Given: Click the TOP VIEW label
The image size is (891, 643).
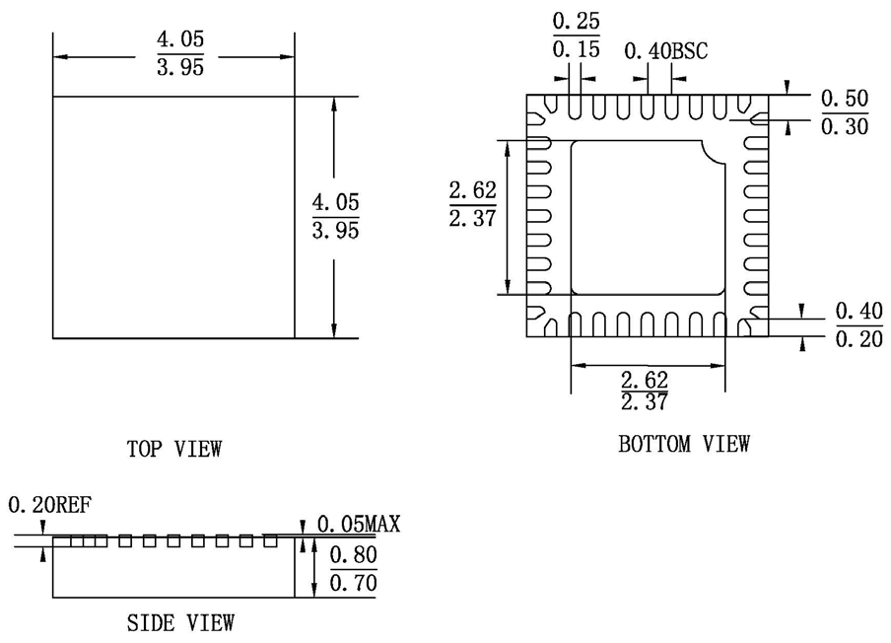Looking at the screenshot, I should (174, 449).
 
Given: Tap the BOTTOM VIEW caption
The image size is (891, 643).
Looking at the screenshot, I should (683, 444).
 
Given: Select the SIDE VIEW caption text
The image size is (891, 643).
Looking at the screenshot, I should (180, 622).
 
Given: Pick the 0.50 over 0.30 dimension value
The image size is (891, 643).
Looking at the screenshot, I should (844, 111).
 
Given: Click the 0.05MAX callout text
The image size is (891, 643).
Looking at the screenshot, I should (359, 524).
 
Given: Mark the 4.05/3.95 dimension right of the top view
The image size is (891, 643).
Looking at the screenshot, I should (335, 216).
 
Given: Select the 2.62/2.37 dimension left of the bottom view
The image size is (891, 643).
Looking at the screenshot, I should (472, 203).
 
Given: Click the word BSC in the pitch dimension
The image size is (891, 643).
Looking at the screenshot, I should (690, 50).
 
